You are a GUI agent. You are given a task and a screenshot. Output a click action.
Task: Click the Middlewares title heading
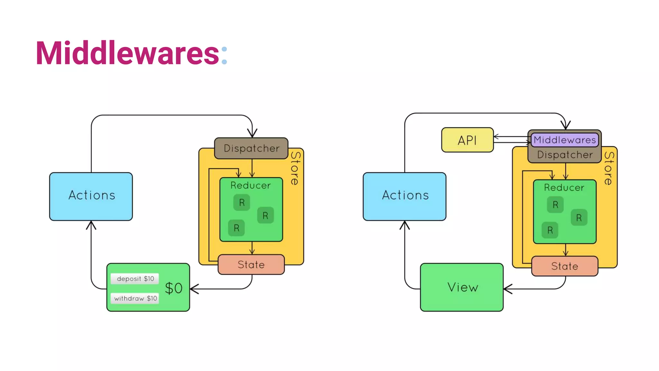pos(127,53)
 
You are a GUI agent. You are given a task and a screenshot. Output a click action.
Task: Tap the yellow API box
pos(467,140)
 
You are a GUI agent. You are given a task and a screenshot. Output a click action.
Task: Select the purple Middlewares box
pos(565,140)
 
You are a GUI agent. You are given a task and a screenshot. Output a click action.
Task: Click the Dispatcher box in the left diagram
pos(251,148)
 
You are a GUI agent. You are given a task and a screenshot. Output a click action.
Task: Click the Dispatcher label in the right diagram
pos(565,155)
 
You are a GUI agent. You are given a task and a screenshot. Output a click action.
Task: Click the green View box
pos(462,287)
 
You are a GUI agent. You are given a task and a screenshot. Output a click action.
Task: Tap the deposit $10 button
pos(135,279)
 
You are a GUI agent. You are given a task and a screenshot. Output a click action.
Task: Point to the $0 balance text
pos(174,288)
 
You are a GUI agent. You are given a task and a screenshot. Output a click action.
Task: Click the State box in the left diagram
pos(251,264)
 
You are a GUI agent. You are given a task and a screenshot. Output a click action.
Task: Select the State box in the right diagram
pos(565,266)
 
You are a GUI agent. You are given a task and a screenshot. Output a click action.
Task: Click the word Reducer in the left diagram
pos(251,185)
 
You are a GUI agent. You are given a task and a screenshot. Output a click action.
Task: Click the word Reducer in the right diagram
pos(564,187)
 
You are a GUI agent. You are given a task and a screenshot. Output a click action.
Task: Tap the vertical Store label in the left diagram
pos(295,168)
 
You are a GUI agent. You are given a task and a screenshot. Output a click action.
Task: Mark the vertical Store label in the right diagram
pos(608,168)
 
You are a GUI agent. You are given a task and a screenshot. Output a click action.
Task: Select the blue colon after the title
pos(224,55)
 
